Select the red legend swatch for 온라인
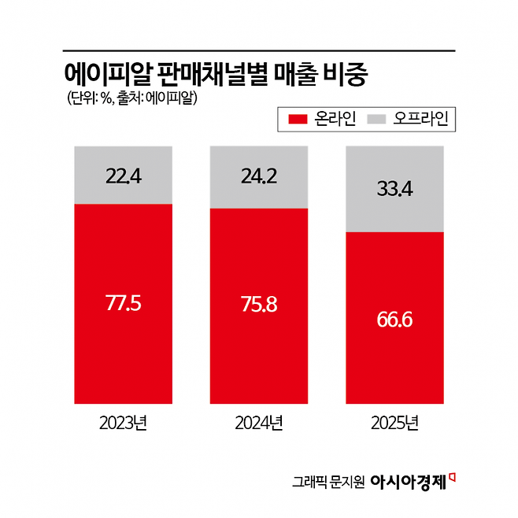coord(298,120)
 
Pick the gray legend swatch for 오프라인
coord(379,120)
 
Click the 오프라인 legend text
coord(421,120)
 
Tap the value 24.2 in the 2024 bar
coord(258,175)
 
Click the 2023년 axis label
coord(123,424)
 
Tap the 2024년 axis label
coord(258,424)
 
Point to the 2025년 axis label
coord(394,424)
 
